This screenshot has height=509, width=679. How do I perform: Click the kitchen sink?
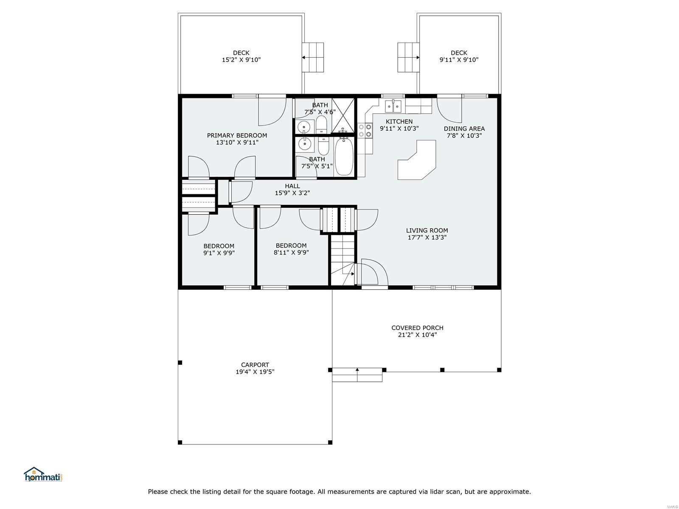(x=393, y=106)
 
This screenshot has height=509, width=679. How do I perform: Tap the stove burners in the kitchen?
(x=365, y=130)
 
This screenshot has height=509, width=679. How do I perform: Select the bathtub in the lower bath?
(x=344, y=157)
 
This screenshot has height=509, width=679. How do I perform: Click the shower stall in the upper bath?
(x=343, y=115)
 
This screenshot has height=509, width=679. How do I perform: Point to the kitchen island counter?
(x=417, y=160)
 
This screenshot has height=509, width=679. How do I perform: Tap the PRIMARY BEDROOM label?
(x=237, y=135)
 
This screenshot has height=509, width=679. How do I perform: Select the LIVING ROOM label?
(x=427, y=230)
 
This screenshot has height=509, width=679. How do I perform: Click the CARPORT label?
(x=255, y=365)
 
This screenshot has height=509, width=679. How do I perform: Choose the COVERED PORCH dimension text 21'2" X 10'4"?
(x=417, y=335)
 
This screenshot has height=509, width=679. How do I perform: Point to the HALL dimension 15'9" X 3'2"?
(x=292, y=193)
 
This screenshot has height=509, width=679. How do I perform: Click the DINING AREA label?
(x=464, y=129)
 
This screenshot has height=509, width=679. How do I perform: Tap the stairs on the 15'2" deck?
(x=313, y=58)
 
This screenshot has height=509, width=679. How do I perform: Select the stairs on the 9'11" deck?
(x=408, y=58)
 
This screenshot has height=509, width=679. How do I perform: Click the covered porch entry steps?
(x=357, y=375)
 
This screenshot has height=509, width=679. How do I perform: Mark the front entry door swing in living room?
(x=371, y=272)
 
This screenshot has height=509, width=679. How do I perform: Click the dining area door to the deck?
(x=449, y=110)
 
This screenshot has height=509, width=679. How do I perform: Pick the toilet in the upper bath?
(x=321, y=124)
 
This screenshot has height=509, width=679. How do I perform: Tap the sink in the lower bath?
(x=304, y=144)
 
